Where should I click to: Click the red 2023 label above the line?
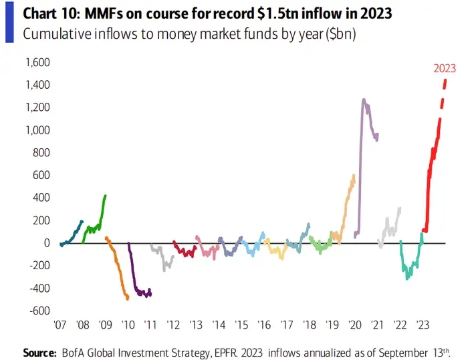(x=445, y=67)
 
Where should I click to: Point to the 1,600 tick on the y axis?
(x=37, y=63)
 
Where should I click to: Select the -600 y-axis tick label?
(x=39, y=311)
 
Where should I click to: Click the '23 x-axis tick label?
(x=423, y=325)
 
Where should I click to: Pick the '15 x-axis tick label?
(x=241, y=325)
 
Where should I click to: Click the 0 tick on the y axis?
(x=47, y=243)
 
